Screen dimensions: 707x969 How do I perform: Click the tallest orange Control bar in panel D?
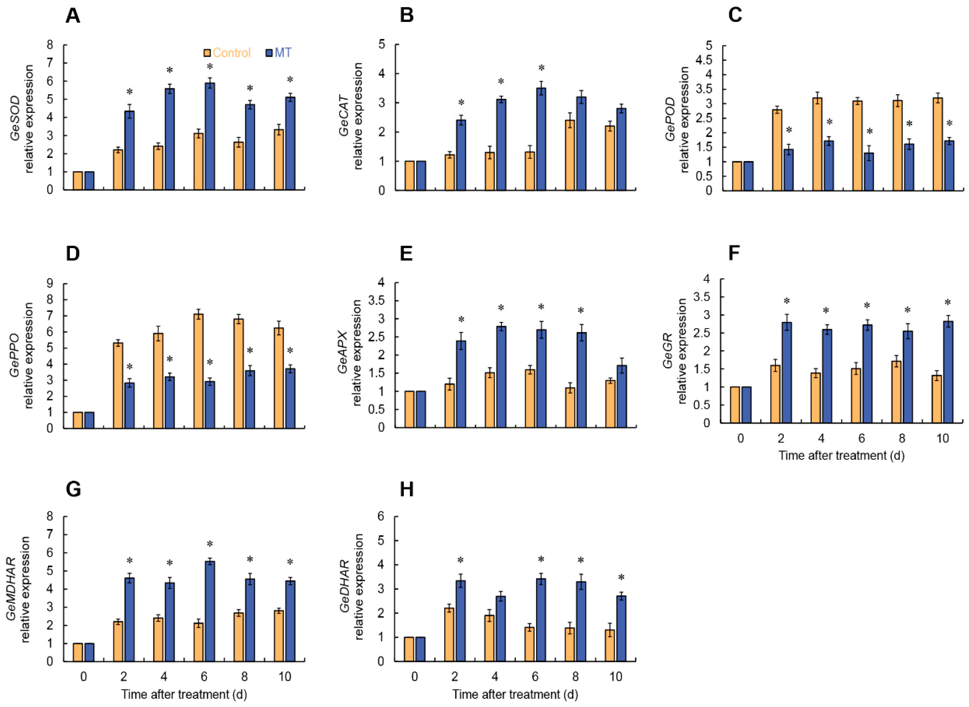(198, 371)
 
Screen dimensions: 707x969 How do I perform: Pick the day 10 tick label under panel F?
(942, 439)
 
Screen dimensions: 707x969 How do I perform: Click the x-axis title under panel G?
(184, 694)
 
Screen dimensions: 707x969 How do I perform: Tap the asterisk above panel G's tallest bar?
(210, 544)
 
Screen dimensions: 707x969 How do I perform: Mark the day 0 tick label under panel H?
(415, 677)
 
